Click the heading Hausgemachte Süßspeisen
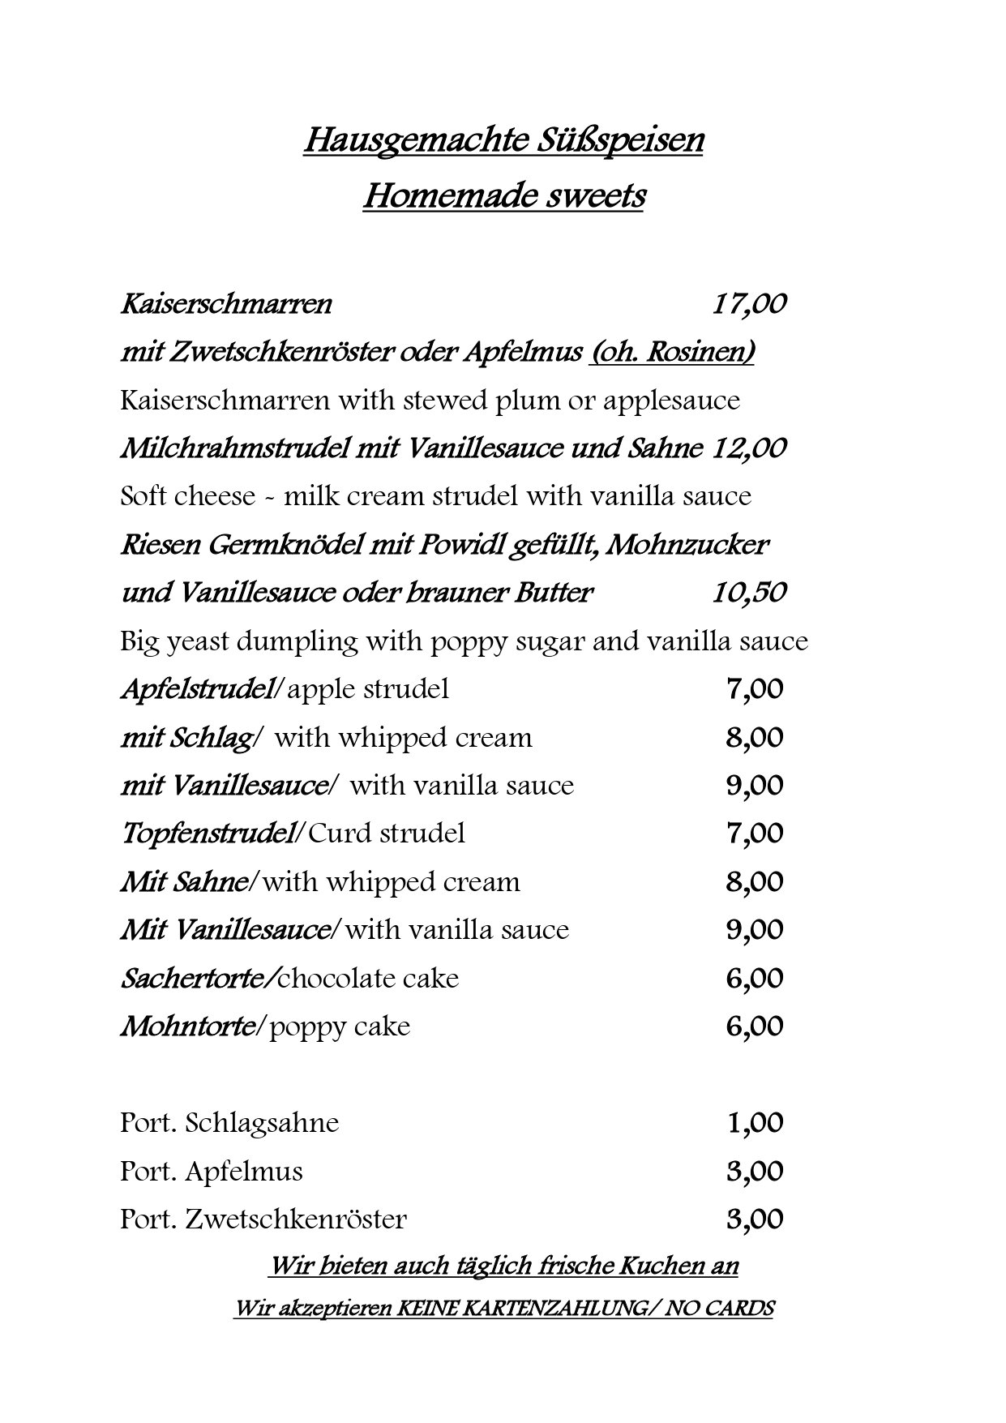503,140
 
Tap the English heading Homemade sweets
503,196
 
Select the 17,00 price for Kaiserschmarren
749,304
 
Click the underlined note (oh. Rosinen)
672,353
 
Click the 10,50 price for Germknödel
749,593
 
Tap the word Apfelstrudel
196,689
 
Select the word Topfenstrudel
207,834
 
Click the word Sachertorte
197,979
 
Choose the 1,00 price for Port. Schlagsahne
755,1123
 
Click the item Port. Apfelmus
211,1172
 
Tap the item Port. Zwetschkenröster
263,1219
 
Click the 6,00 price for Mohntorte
755,1027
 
